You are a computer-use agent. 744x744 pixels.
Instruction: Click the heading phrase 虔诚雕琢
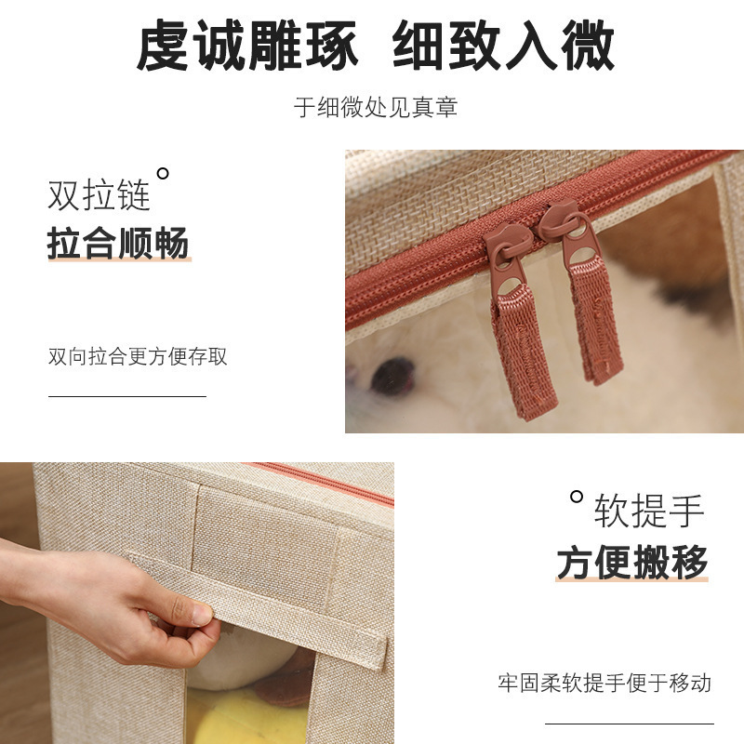tap(246, 46)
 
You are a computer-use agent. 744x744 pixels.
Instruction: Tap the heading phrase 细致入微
tap(504, 46)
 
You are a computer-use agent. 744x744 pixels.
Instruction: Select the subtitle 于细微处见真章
tap(376, 107)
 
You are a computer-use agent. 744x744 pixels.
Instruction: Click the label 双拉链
tap(99, 194)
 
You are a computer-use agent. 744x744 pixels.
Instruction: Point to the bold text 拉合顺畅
tap(119, 243)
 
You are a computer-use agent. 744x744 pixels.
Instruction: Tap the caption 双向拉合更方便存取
tap(138, 356)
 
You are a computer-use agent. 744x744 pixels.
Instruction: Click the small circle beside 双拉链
tap(163, 174)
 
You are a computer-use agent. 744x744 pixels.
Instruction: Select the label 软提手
tap(649, 511)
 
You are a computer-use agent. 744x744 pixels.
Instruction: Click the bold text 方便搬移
tap(632, 563)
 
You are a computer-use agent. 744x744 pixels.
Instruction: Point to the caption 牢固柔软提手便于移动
tap(604, 684)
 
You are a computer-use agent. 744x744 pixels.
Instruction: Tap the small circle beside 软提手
tap(577, 497)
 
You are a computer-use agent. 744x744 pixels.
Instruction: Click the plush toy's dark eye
tap(392, 377)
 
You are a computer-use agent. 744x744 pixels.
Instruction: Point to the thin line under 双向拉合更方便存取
tap(127, 396)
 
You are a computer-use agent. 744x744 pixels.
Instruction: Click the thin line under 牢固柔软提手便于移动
tap(630, 724)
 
